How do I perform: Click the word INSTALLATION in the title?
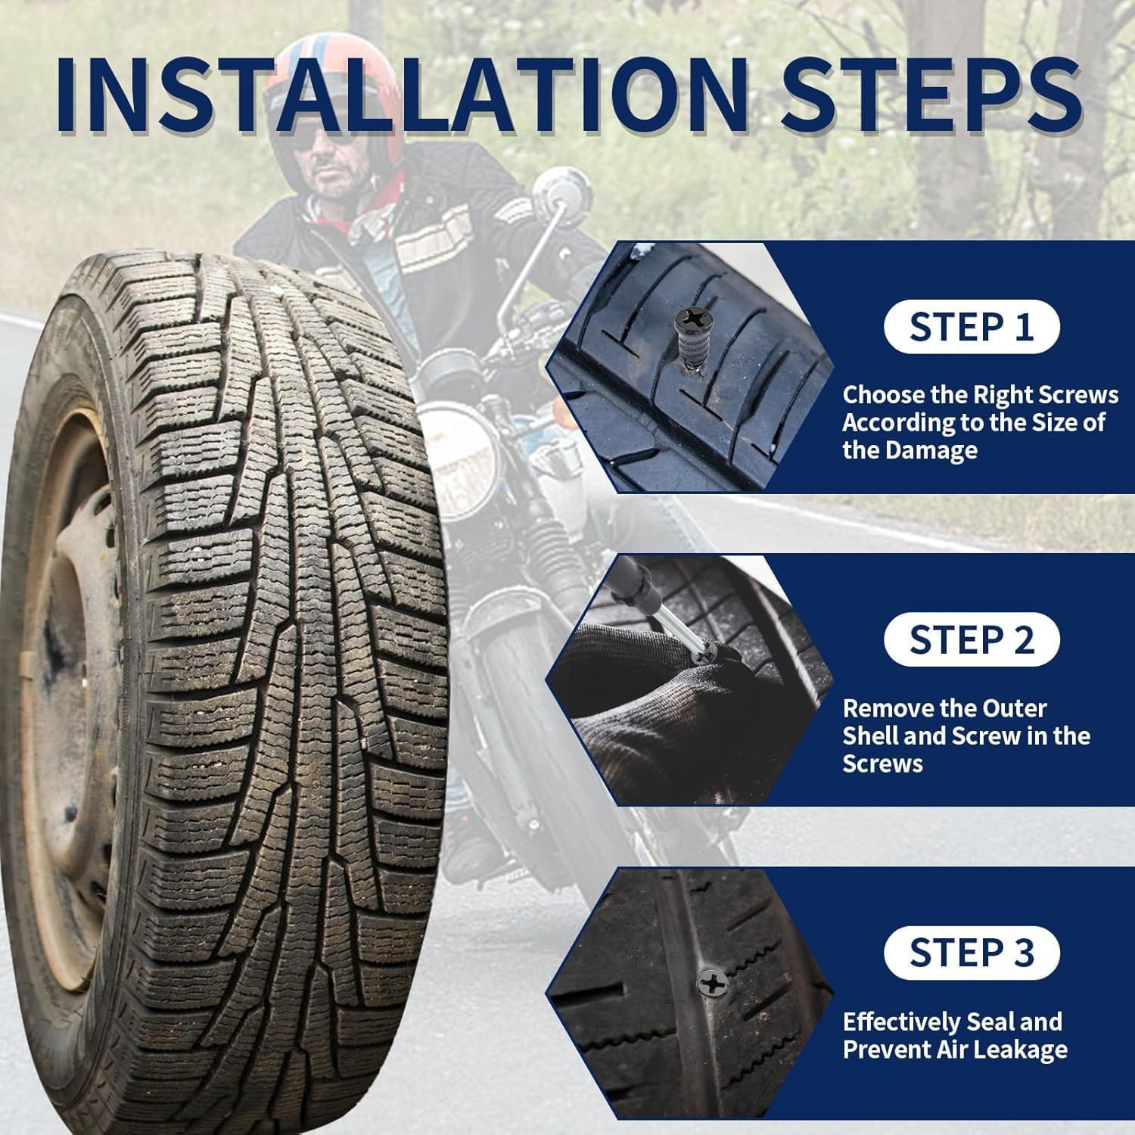(x=401, y=95)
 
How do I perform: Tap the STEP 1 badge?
(x=971, y=327)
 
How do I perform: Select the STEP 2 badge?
(x=971, y=640)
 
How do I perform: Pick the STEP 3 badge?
(x=971, y=953)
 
